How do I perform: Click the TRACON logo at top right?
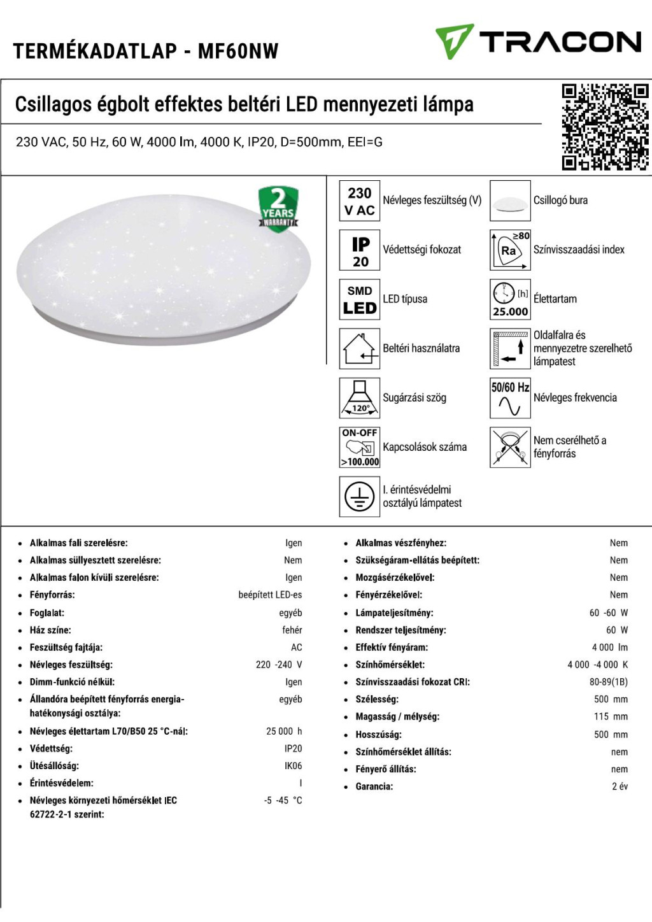coord(538,42)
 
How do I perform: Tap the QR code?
coord(605,127)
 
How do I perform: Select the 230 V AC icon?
coord(360,201)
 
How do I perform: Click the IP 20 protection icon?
coord(360,251)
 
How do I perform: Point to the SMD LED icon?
coord(360,300)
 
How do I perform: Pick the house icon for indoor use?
coord(360,349)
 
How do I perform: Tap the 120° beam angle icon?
coord(360,398)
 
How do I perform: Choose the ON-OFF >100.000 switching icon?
coord(360,448)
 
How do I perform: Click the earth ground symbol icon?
coord(360,497)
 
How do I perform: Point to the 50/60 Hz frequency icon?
coord(510,398)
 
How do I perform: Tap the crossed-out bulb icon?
coord(510,448)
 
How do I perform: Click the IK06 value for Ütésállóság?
coord(294,766)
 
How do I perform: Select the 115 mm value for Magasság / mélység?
coord(611,717)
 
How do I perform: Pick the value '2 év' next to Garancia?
coord(620,786)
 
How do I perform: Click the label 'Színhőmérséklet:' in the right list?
coord(390,665)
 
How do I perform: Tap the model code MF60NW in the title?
coord(238,51)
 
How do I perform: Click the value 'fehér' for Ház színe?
coord(292,630)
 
